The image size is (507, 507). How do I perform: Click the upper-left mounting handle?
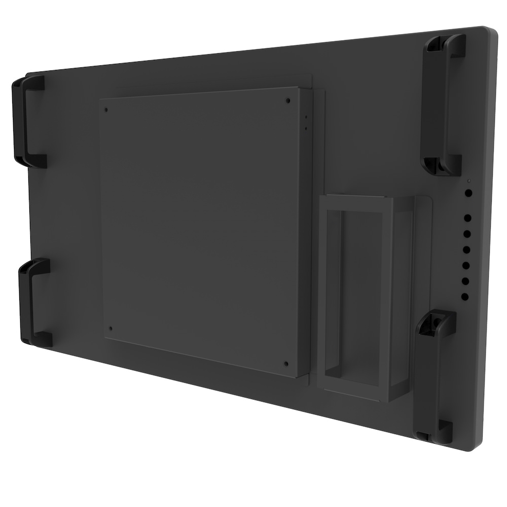(x=26, y=121)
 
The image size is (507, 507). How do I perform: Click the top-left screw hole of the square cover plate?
(x=106, y=108)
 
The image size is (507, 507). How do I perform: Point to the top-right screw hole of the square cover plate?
(x=288, y=100)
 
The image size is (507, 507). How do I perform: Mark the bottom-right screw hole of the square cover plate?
(x=286, y=363)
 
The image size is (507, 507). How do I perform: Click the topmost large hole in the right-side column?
(x=468, y=193)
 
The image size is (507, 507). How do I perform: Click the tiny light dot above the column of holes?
(x=469, y=181)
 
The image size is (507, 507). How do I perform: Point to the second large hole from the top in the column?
(x=467, y=218)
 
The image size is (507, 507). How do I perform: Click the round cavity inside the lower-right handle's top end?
(x=434, y=321)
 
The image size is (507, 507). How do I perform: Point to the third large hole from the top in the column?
(x=467, y=235)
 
